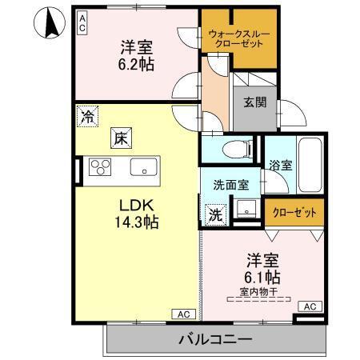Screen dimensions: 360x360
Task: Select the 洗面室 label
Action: click(x=230, y=184)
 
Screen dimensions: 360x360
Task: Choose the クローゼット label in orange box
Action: click(x=295, y=212)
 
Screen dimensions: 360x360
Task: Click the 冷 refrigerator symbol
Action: click(x=86, y=117)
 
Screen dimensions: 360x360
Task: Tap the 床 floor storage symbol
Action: click(x=121, y=137)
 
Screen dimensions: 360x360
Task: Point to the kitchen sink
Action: click(x=144, y=168)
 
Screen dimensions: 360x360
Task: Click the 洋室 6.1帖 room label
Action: click(x=262, y=269)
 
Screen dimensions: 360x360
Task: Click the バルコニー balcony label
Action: click(x=214, y=338)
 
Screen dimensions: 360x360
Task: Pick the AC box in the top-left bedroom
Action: click(x=82, y=22)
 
